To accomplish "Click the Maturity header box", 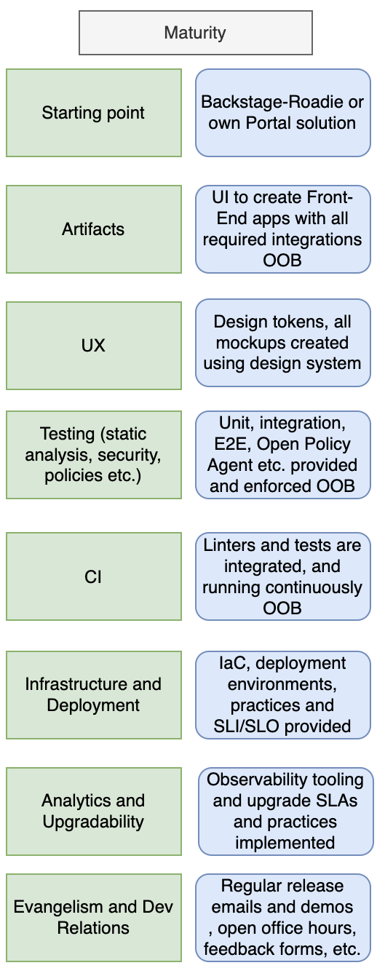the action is pyautogui.click(x=196, y=33).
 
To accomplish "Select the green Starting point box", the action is pyautogui.click(x=94, y=113).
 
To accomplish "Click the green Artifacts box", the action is pyautogui.click(x=94, y=229).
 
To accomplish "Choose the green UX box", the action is pyautogui.click(x=94, y=346).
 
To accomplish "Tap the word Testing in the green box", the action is pyautogui.click(x=67, y=434).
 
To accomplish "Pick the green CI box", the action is pyautogui.click(x=94, y=576).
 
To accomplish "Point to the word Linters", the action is pyautogui.click(x=229, y=545).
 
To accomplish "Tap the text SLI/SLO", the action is pyautogui.click(x=247, y=726).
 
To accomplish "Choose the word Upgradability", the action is pyautogui.click(x=93, y=822).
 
